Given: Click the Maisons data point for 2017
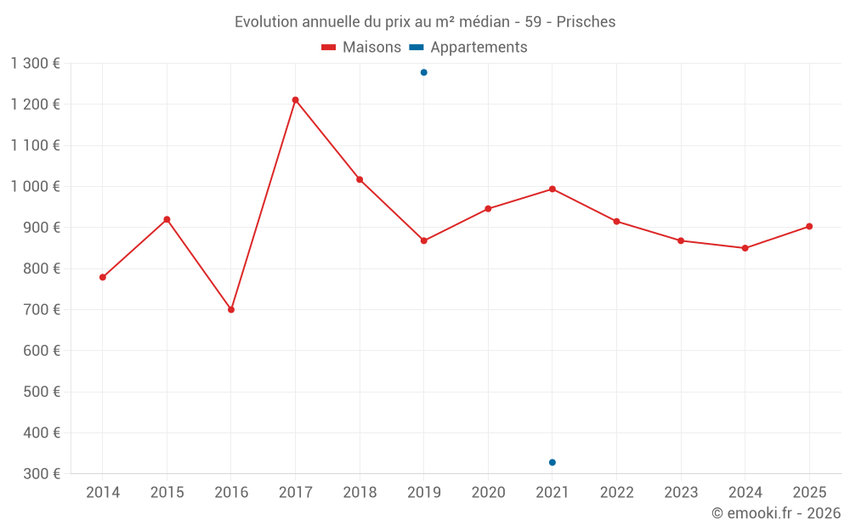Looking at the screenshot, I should click(295, 100).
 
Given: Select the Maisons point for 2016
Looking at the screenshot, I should click(231, 309).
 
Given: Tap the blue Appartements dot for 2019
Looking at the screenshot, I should click(423, 72).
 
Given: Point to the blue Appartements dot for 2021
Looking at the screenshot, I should click(552, 462).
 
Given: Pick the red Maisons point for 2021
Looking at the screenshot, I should click(552, 189).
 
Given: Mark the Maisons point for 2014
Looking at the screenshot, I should click(103, 277).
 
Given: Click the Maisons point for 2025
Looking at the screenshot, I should click(809, 226).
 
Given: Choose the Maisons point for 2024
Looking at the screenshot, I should click(745, 248).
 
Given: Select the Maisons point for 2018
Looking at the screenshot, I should click(360, 179).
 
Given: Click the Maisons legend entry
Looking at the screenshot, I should click(361, 48).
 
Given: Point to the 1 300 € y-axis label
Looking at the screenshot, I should click(36, 64).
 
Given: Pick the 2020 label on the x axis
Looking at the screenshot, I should click(488, 493).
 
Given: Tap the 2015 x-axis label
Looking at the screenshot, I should click(167, 493).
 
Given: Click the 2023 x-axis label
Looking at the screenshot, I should click(681, 493).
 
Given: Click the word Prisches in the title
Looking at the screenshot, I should click(586, 21).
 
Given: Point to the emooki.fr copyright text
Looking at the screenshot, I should click(775, 513).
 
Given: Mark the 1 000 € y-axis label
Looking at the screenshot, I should click(36, 187).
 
